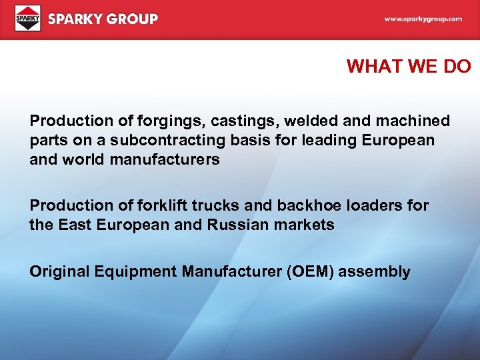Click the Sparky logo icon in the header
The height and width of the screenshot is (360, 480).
tap(28, 18)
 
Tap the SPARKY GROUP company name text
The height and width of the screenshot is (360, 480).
tap(103, 19)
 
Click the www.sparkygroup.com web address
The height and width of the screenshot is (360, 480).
tap(423, 19)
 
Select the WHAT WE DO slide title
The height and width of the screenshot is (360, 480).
tap(409, 66)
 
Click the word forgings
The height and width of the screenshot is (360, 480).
tap(162, 121)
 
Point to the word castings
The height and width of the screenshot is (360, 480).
tap(237, 121)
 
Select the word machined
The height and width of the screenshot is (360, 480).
tap(417, 121)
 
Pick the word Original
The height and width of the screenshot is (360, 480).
tap(56, 272)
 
